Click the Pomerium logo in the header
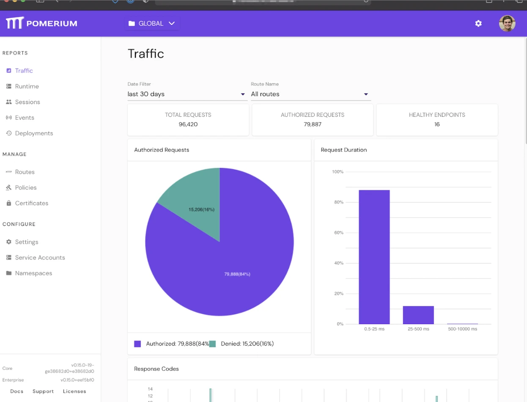coord(41,23)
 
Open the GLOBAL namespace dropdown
coord(152,23)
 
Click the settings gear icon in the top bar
coord(478,23)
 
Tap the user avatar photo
coord(507,24)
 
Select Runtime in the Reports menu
coord(27,86)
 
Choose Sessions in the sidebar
coord(27,102)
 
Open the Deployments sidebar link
coord(34,133)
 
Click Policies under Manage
coord(26,187)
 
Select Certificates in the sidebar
coord(32,203)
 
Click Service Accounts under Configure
coord(40,258)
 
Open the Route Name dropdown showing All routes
coord(310,94)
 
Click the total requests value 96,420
coord(188,124)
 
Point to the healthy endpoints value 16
coord(437,124)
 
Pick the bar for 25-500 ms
coord(418,315)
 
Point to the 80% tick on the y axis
coord(338,202)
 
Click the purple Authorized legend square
coord(137,344)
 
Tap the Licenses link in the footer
coord(74,391)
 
